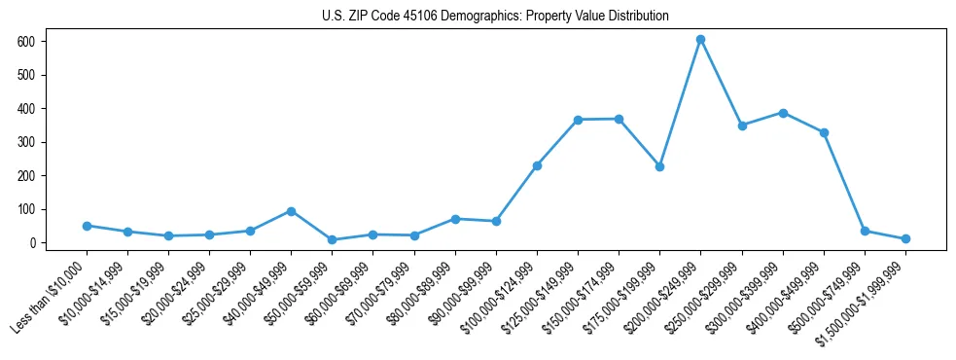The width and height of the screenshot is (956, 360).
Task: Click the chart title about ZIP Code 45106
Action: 495,17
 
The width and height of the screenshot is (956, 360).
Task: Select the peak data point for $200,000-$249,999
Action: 700,40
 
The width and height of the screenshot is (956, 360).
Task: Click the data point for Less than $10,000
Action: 87,226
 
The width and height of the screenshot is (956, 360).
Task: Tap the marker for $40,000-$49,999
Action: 291,211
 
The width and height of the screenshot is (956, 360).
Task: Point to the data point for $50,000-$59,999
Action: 332,239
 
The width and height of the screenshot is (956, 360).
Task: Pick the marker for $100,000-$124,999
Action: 537,165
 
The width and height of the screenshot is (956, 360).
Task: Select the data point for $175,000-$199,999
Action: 659,166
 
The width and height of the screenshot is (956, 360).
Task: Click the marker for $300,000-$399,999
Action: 783,113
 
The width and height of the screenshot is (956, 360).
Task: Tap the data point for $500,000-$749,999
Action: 865,231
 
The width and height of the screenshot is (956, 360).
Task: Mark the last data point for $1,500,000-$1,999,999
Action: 905,238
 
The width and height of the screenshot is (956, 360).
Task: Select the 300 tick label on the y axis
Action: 34,142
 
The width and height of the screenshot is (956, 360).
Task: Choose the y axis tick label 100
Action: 34,209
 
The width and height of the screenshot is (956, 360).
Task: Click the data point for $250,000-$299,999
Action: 742,126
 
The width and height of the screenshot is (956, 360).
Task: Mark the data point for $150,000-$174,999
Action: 619,119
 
